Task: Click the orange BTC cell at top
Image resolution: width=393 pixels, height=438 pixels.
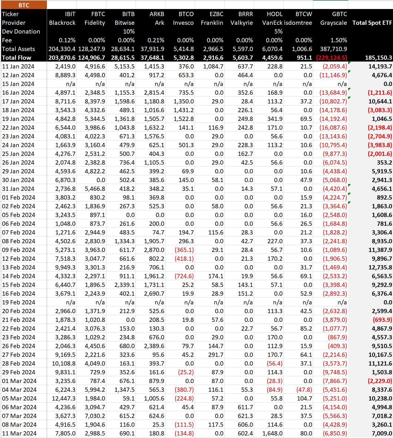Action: pyautogui.click(x=24, y=5)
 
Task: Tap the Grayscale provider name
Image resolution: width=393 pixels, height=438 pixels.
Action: pyautogui.click(x=334, y=23)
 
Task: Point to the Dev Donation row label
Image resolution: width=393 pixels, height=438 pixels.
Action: pyautogui.click(x=21, y=31)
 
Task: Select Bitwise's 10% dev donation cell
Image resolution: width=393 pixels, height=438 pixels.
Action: pyautogui.click(x=129, y=31)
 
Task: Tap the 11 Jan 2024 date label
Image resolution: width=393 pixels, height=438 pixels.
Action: pyautogui.click(x=18, y=67)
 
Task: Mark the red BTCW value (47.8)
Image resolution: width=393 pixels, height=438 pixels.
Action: pyautogui.click(x=304, y=390)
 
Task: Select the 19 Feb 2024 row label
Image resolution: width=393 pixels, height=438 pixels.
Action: pyautogui.click(x=19, y=302)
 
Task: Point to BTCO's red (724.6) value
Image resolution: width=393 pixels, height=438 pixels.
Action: pyautogui.click(x=184, y=276)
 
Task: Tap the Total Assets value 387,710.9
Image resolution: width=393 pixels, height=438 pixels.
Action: pyautogui.click(x=334, y=49)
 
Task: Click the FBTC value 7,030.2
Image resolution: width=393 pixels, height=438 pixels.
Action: pyautogui.click(x=95, y=416)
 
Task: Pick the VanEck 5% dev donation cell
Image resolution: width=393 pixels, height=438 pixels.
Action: pyautogui.click(x=278, y=31)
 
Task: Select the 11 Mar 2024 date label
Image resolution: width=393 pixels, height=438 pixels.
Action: pyautogui.click(x=19, y=433)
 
